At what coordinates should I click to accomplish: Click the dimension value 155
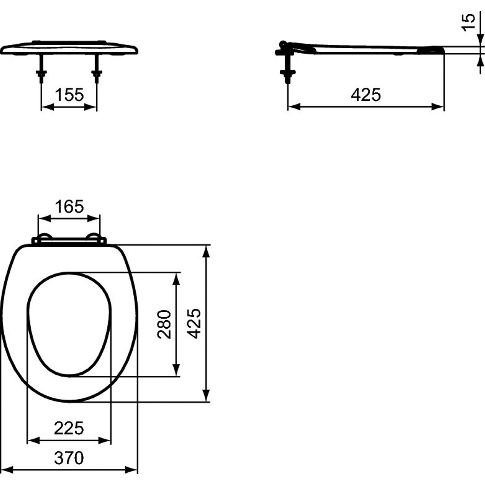[x=69, y=95]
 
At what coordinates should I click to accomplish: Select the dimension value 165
[x=69, y=206]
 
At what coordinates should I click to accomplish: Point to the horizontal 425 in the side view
[x=366, y=95]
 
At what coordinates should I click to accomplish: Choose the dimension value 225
[x=69, y=428]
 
